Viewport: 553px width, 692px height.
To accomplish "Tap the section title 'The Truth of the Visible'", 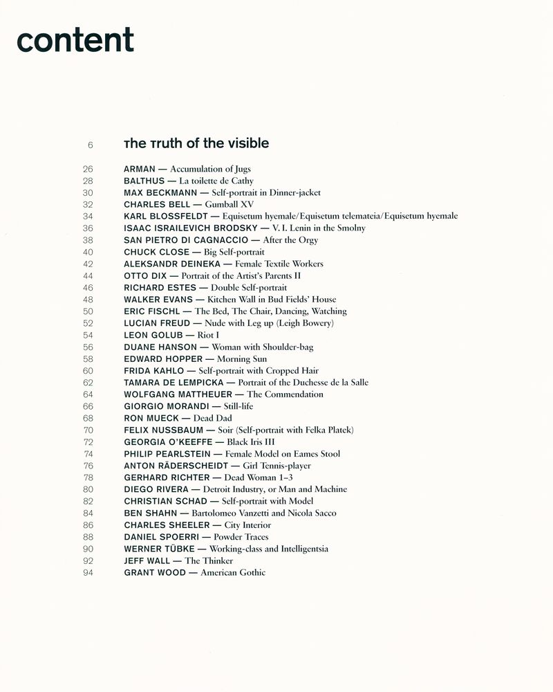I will click(x=196, y=144).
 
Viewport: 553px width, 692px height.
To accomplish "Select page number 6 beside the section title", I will click(x=90, y=145).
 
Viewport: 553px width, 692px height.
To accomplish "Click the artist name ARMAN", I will click(x=140, y=169).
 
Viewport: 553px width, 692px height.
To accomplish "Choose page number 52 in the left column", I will click(x=88, y=323).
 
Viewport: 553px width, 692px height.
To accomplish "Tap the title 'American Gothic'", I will click(x=233, y=572).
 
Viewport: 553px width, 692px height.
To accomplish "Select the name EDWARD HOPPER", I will click(x=163, y=359).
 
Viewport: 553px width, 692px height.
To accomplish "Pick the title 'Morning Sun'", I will click(x=242, y=359).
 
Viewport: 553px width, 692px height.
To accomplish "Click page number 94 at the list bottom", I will click(x=88, y=572).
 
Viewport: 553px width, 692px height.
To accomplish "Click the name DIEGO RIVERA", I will click(x=156, y=489).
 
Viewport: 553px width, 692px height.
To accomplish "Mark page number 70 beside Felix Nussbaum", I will click(x=88, y=430).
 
